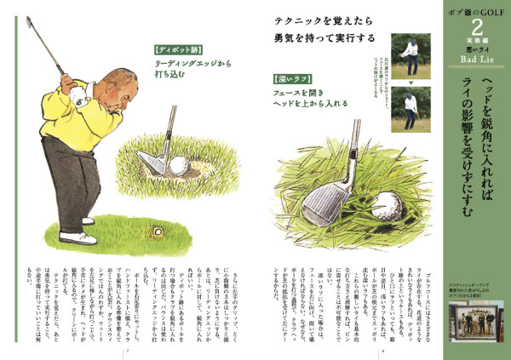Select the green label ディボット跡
tap(177, 49)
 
